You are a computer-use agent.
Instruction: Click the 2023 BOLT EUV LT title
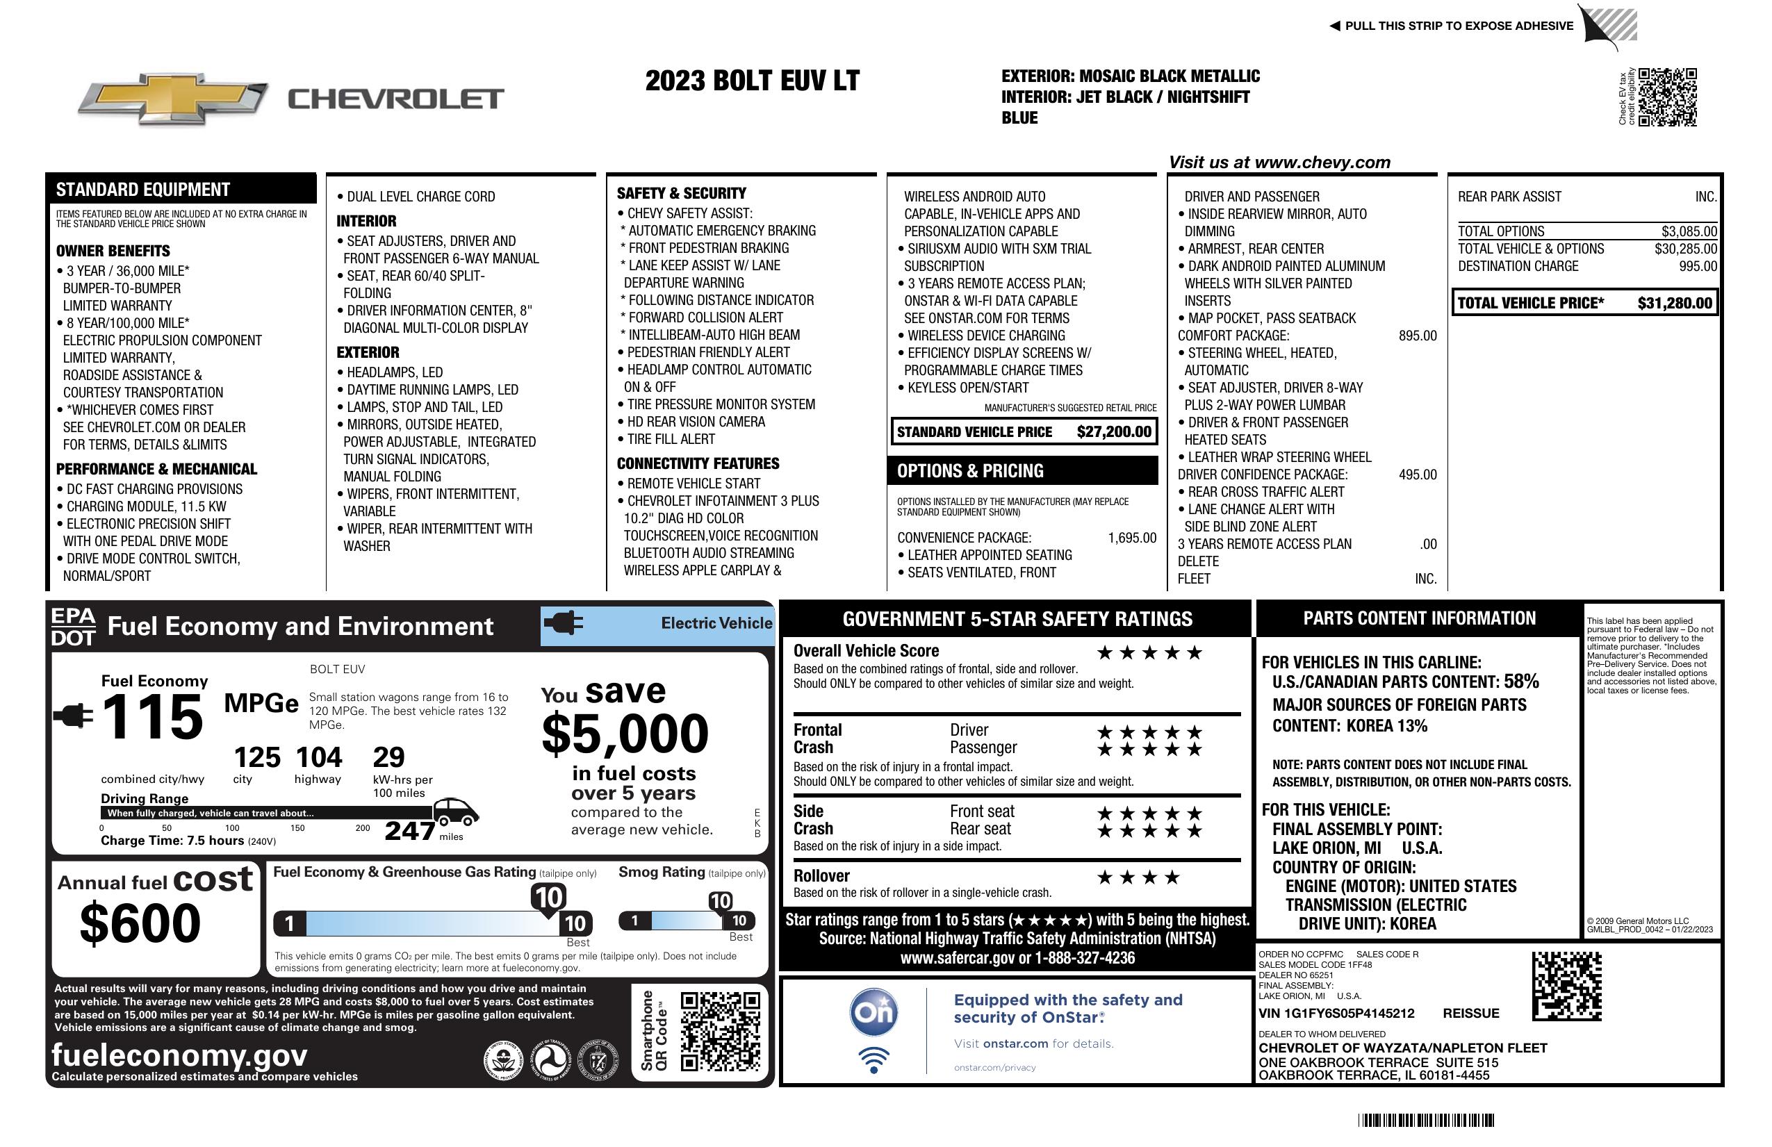(752, 81)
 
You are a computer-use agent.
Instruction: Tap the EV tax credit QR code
(1667, 97)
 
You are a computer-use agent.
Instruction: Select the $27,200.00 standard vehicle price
(1113, 431)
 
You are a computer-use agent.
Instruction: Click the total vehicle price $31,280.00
(1675, 303)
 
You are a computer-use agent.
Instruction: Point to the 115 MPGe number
(152, 717)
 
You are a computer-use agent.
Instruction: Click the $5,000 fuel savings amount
(625, 734)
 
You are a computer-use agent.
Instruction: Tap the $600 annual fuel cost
(140, 923)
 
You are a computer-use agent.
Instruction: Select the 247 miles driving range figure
(409, 830)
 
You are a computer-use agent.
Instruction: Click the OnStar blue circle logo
(873, 1012)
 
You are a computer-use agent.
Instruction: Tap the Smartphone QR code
(720, 1031)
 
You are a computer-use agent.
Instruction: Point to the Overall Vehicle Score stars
(1149, 654)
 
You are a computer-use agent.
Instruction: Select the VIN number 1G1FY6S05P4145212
(1336, 1013)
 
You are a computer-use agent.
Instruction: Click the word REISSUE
(1470, 1013)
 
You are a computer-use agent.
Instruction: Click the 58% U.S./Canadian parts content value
(1520, 681)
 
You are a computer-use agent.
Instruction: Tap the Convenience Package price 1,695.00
(1132, 538)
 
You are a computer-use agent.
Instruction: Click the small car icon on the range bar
(455, 812)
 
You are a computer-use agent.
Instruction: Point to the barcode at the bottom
(1425, 1120)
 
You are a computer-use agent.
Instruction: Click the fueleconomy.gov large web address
(179, 1055)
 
